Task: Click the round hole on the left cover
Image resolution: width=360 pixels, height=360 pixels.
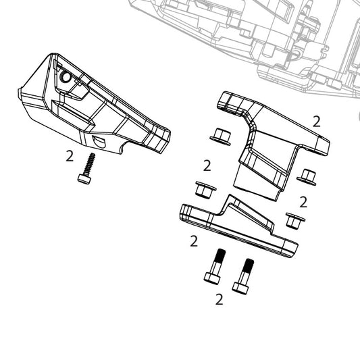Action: coord(66,78)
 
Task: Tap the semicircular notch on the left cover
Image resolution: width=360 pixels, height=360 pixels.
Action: coord(97,141)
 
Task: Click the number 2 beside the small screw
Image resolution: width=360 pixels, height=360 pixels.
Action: coord(70,156)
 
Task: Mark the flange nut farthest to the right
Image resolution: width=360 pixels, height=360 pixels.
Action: coord(307,177)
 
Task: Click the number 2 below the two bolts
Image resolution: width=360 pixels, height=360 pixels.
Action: coord(219,299)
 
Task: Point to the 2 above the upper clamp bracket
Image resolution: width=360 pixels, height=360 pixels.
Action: coord(316,121)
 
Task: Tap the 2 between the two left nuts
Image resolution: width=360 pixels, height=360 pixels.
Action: coord(207,165)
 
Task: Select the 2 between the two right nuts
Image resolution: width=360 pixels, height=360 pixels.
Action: coord(303,201)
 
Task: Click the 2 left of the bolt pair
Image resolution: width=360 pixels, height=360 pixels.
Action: coord(194,240)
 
